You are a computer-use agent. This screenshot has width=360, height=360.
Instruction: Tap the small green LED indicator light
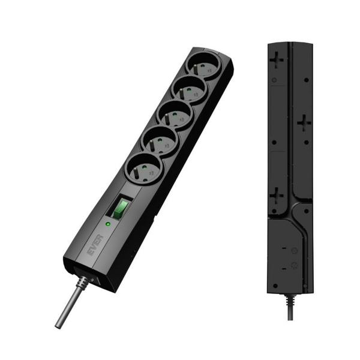click(107, 223)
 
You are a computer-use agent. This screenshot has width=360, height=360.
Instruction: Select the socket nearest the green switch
click(142, 169)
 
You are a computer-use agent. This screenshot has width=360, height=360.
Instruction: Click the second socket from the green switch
click(158, 143)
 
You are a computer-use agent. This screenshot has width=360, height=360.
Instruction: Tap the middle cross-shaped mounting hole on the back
click(304, 123)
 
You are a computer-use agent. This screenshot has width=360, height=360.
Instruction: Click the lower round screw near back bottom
click(294, 265)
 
